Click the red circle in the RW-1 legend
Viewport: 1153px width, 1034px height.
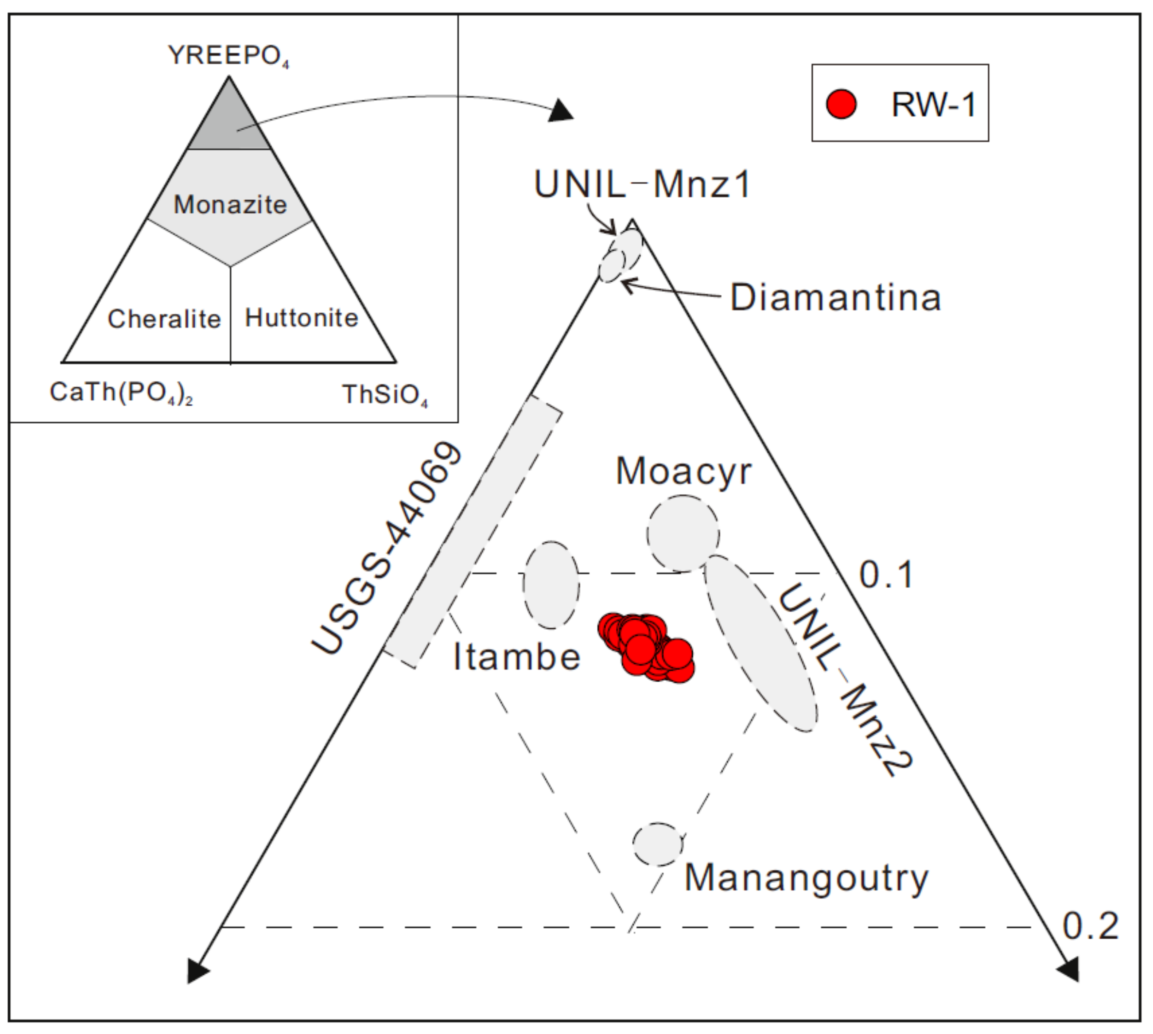(x=841, y=104)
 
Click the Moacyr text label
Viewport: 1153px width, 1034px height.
(x=683, y=471)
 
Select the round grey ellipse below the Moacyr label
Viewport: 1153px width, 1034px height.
(x=683, y=534)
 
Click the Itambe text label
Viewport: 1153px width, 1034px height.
(x=516, y=657)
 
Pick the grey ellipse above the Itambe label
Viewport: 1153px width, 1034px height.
(x=551, y=585)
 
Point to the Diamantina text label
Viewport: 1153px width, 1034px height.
(x=836, y=297)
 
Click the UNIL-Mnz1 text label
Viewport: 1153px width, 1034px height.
(x=642, y=185)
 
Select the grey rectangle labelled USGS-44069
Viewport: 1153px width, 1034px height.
(x=473, y=531)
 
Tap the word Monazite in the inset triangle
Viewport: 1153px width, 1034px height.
(x=230, y=205)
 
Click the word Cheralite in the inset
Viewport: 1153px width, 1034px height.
(x=164, y=319)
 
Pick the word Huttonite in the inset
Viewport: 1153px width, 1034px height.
(x=301, y=318)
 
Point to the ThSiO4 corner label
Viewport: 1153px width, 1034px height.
(x=384, y=394)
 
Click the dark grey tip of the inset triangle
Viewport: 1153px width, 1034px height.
(x=229, y=122)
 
